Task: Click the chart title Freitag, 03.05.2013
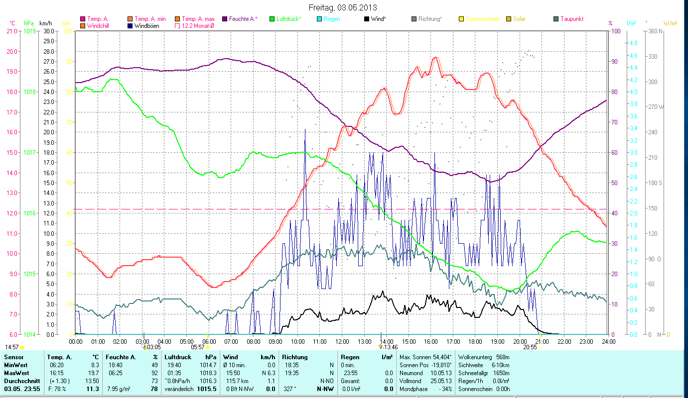coord(343,7)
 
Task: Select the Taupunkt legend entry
coord(571,19)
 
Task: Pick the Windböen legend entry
coord(147,26)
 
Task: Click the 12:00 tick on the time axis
coord(342,342)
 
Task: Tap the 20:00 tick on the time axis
coord(520,342)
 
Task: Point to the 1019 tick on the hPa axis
coord(29,31)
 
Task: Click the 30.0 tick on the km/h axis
coord(49,31)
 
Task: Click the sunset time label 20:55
coord(530,347)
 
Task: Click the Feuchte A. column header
coord(120,357)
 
